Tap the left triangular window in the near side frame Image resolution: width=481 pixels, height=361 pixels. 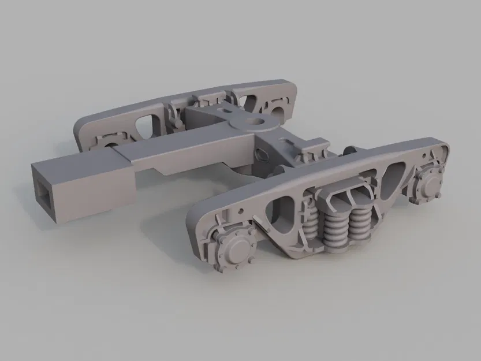[x=285, y=205]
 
